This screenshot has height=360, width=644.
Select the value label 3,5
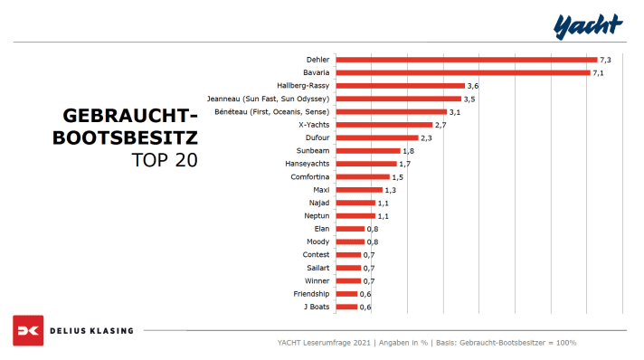469,99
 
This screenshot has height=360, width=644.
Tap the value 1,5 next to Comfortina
397,177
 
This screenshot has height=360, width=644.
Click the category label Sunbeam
313,151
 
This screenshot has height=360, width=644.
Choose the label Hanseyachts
308,164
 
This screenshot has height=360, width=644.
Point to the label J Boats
316,308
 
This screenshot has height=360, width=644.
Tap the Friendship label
312,294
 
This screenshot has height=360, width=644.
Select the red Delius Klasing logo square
28,330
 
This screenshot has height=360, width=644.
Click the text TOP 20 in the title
164,160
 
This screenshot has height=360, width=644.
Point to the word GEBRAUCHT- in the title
129,117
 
